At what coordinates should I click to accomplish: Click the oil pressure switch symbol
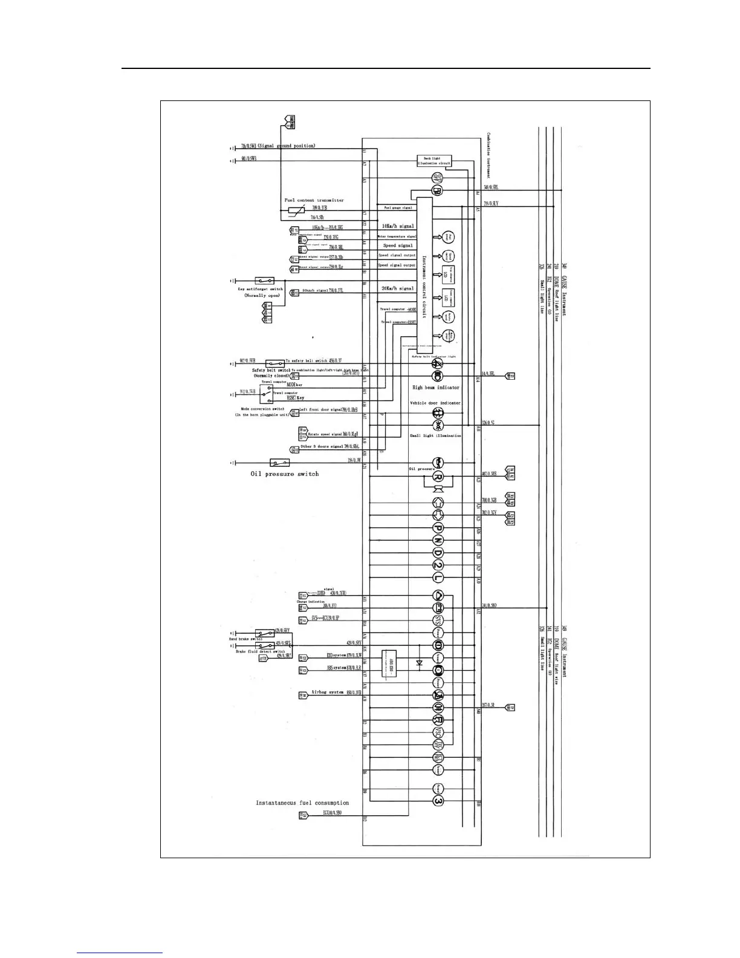(x=279, y=463)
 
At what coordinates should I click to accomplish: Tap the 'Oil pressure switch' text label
(x=284, y=474)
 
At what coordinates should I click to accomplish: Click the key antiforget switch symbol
(x=264, y=281)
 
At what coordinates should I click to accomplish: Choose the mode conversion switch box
(x=266, y=394)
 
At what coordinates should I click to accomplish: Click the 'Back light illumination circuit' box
(x=435, y=161)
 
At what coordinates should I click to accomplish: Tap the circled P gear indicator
(x=438, y=527)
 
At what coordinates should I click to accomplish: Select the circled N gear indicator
(x=438, y=540)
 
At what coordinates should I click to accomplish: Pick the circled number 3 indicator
(x=438, y=801)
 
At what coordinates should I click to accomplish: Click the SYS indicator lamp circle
(x=438, y=620)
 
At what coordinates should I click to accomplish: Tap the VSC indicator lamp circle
(x=438, y=732)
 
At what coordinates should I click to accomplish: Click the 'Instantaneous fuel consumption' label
(x=302, y=803)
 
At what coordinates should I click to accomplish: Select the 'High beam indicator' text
(x=436, y=387)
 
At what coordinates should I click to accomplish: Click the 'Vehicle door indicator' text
(x=435, y=403)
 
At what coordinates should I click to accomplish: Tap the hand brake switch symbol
(x=264, y=631)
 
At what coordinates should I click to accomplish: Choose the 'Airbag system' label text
(x=327, y=692)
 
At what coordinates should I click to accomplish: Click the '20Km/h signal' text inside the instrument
(x=398, y=288)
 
